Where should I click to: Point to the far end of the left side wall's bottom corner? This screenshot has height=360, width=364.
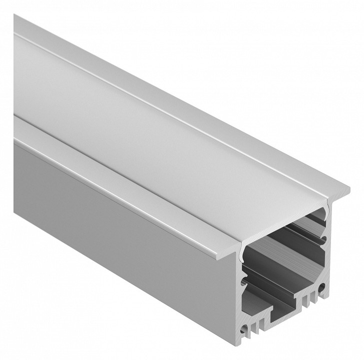(x=15, y=212)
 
